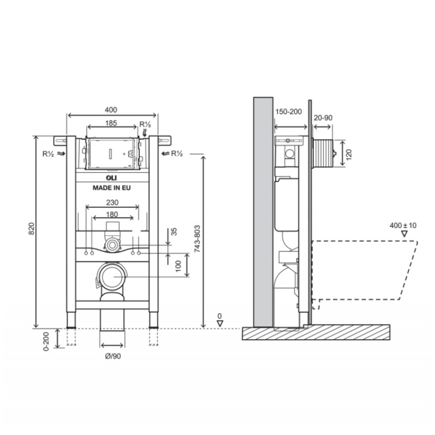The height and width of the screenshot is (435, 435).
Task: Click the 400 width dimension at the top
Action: point(111,110)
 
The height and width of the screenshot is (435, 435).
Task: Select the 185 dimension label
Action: point(111,123)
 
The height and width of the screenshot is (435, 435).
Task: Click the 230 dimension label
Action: point(112,202)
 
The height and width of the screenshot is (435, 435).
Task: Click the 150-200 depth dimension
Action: point(288,111)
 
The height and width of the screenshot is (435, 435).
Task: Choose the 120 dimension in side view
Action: point(349,153)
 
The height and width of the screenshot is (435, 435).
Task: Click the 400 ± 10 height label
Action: point(403,225)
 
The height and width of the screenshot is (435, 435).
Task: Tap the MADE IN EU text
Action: point(111,187)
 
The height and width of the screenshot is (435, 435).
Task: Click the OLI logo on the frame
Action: point(111,178)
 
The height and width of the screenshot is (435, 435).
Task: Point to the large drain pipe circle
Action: point(111,277)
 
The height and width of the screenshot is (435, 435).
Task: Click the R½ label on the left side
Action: point(47,154)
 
